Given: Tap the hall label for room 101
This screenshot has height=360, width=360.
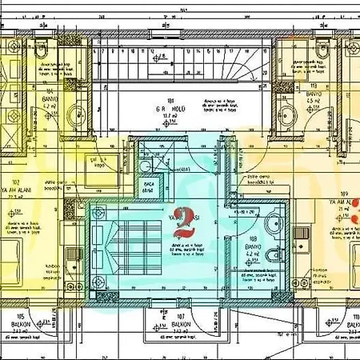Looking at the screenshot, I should coord(168,108).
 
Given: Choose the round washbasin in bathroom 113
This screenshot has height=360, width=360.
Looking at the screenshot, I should coord(286,111).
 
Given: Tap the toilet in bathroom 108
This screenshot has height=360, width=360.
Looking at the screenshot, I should coord(273,254).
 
